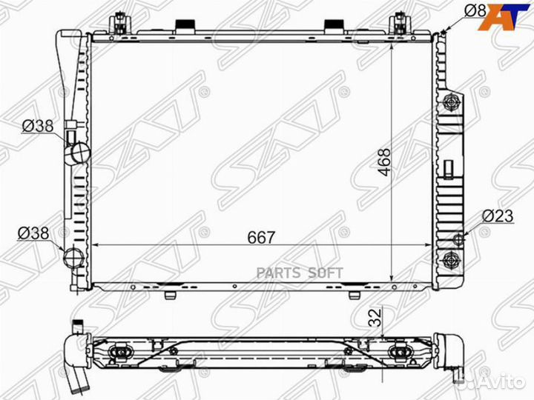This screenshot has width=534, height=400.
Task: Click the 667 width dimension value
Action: tap(261, 238)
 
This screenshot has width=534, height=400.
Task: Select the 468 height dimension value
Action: tap(385, 162)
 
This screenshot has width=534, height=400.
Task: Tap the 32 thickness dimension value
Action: tap(376, 318)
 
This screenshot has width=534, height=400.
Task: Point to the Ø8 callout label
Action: tap(475, 10)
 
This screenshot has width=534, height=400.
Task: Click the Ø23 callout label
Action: tap(498, 216)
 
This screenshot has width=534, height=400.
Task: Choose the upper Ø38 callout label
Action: tap(38, 126)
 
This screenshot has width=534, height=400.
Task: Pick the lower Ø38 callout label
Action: tap(33, 233)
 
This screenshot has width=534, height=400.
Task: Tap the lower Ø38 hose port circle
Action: tap(74, 258)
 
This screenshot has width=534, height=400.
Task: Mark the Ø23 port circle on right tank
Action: tap(459, 240)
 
